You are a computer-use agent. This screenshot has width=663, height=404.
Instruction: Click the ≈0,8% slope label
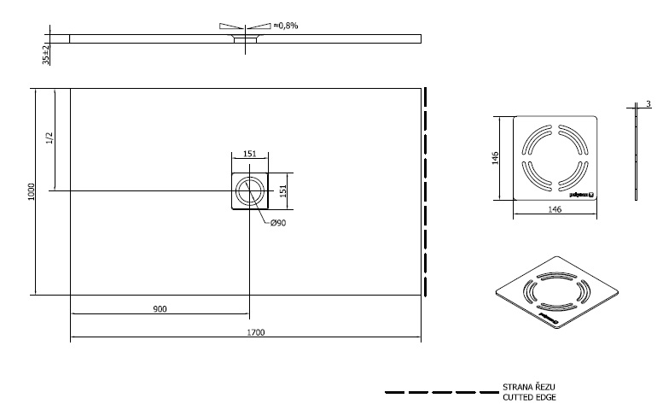(x=285, y=26)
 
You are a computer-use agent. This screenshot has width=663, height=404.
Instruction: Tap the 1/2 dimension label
(x=49, y=138)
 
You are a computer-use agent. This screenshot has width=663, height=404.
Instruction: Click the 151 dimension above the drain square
(x=250, y=154)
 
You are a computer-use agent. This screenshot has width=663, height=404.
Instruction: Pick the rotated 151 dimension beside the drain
(x=283, y=190)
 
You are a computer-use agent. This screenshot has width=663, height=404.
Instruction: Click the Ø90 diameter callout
(x=277, y=224)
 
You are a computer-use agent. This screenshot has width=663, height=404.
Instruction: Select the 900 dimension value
(x=160, y=307)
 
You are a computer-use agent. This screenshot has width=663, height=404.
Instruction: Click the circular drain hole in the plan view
(x=250, y=190)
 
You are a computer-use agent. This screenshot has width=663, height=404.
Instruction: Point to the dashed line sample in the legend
(x=439, y=392)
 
